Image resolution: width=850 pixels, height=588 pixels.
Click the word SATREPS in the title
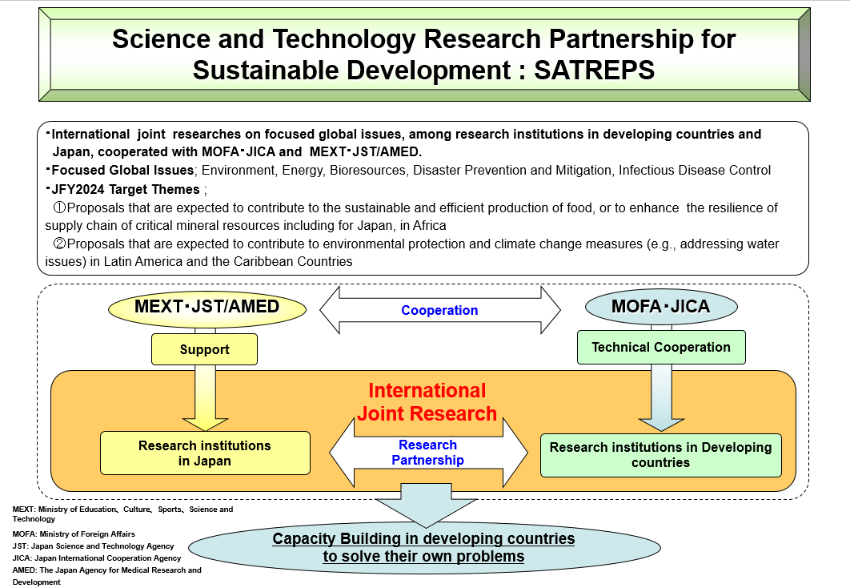point(594,70)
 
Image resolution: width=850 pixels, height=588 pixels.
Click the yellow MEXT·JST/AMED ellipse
point(207,308)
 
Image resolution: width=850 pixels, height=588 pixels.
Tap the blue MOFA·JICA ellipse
point(661,307)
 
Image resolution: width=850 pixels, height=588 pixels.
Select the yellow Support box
point(204,349)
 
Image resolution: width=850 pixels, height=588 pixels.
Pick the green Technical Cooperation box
point(661,347)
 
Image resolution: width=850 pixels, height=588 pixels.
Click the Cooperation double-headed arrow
point(439,310)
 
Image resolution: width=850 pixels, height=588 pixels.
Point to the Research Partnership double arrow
point(428,453)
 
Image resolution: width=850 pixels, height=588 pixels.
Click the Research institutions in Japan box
point(205,453)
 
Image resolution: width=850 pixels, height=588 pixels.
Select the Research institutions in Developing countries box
point(661,455)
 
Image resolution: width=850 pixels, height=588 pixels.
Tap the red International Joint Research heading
point(427,402)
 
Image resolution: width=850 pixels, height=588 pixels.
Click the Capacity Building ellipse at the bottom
point(424,547)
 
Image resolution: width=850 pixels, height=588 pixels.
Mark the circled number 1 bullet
point(58,207)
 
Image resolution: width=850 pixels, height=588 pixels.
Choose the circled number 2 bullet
point(58,244)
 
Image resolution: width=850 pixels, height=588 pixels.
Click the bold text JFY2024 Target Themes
point(125,189)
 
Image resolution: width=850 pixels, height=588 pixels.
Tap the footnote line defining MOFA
point(74,534)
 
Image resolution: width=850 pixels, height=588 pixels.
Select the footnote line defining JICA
point(97,558)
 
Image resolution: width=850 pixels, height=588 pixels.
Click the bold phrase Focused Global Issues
point(122,171)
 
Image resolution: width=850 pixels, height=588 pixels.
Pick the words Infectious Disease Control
point(695,171)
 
